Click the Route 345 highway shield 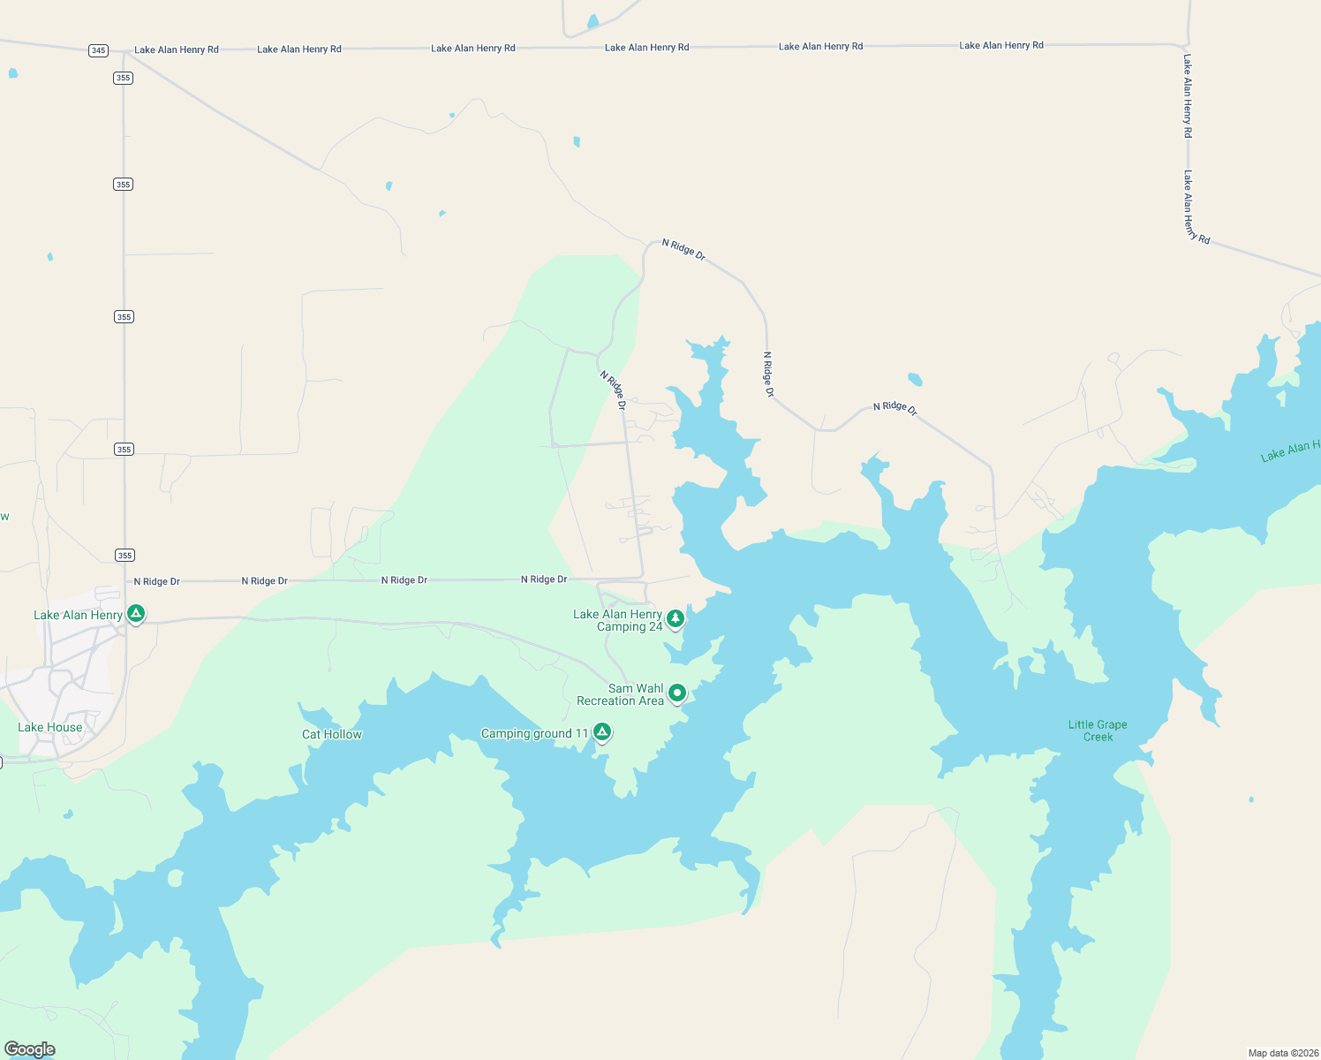(x=98, y=50)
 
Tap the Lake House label (x=50, y=728)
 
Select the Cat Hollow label (x=332, y=735)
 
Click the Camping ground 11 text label (x=534, y=734)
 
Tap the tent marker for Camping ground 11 (x=602, y=731)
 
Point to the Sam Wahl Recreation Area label (x=620, y=695)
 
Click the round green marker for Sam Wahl (x=677, y=693)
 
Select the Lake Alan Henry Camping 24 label (x=618, y=621)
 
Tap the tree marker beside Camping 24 (x=676, y=618)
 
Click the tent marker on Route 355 (x=136, y=613)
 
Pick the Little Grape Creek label (x=1098, y=731)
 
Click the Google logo (x=30, y=1049)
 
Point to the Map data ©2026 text (x=1283, y=1053)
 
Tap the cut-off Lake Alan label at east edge (x=1290, y=451)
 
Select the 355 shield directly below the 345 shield (x=123, y=78)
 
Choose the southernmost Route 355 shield (x=125, y=555)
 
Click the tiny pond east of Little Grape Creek (x=1251, y=799)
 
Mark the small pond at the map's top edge (x=593, y=21)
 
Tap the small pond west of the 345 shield (x=12, y=73)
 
